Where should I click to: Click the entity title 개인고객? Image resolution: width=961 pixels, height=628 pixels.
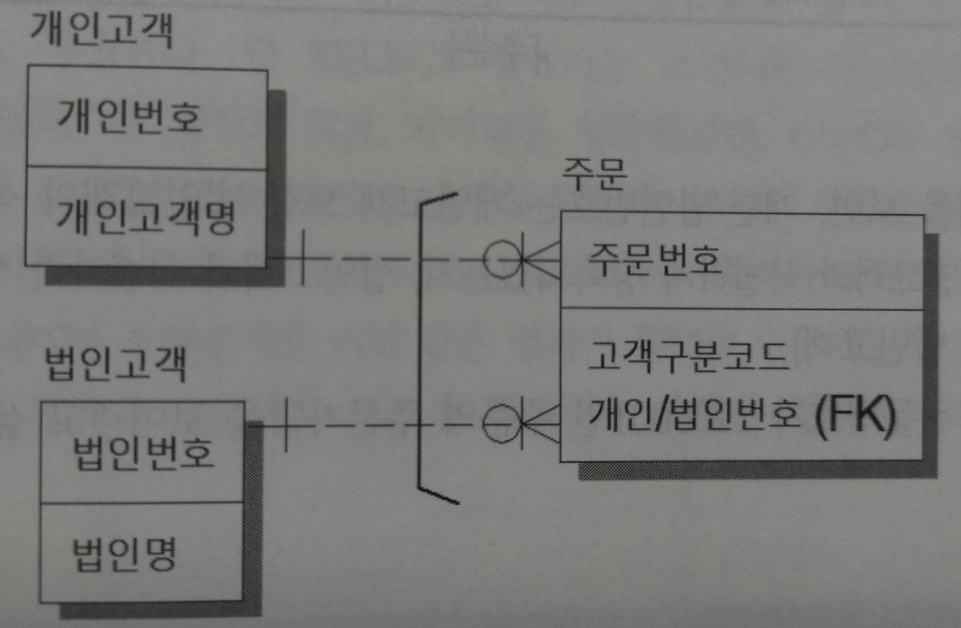click(101, 31)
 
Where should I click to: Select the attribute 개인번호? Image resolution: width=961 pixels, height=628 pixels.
click(130, 118)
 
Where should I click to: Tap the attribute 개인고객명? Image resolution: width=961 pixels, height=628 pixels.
click(144, 215)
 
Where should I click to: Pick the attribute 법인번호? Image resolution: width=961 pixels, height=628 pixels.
click(143, 454)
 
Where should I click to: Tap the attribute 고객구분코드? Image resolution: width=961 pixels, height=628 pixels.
click(690, 355)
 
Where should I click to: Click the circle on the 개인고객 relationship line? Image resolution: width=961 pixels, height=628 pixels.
click(503, 259)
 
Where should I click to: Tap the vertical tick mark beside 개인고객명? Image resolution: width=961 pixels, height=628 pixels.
click(302, 258)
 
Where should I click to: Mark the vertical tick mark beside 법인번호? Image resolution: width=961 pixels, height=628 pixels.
click(285, 425)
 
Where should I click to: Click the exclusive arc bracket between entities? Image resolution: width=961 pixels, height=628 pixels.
click(420, 344)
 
